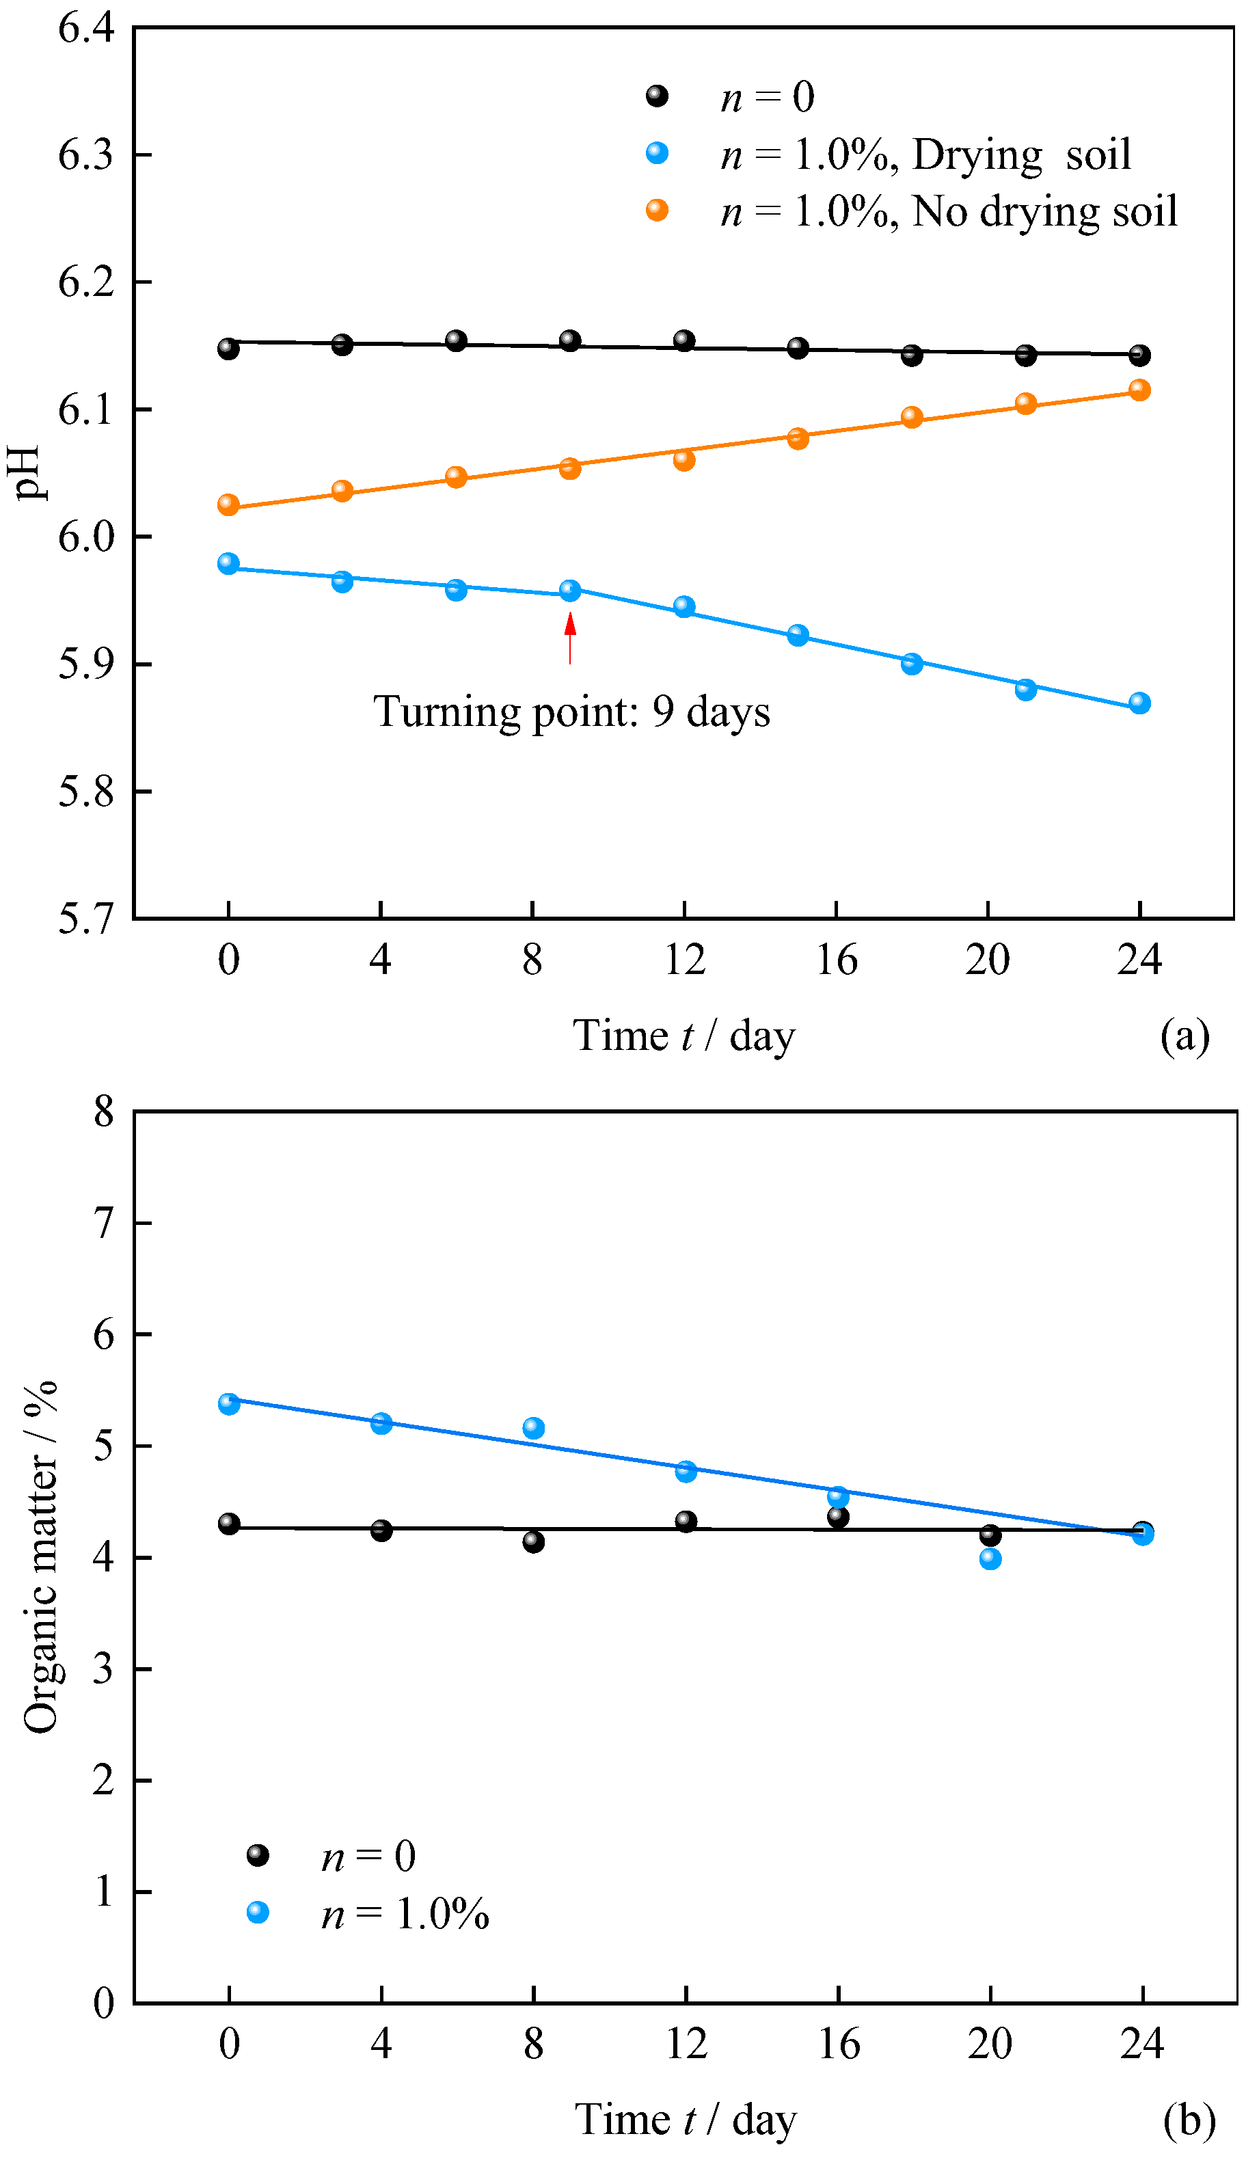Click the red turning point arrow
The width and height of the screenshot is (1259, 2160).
(x=570, y=638)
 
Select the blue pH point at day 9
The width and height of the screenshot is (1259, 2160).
(x=570, y=591)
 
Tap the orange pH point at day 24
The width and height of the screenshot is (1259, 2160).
(x=1139, y=390)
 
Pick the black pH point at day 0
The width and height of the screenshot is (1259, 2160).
(x=228, y=349)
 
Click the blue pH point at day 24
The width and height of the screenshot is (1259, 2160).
(x=1139, y=703)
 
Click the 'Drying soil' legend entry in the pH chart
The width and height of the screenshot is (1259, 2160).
(x=888, y=155)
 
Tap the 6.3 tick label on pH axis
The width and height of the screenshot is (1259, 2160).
(x=85, y=155)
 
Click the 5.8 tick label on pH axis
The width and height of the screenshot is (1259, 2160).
(x=85, y=791)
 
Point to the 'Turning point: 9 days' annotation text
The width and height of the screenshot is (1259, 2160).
(x=571, y=712)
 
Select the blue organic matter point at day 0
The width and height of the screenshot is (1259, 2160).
(x=229, y=1404)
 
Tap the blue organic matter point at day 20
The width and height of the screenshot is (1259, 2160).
(x=990, y=1559)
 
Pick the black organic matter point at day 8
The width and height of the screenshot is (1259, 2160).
(x=533, y=1542)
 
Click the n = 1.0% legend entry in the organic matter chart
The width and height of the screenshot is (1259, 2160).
(x=368, y=1914)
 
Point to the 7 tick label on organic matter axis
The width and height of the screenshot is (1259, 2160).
(x=104, y=1223)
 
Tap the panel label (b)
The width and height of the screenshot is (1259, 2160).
(x=1189, y=2120)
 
